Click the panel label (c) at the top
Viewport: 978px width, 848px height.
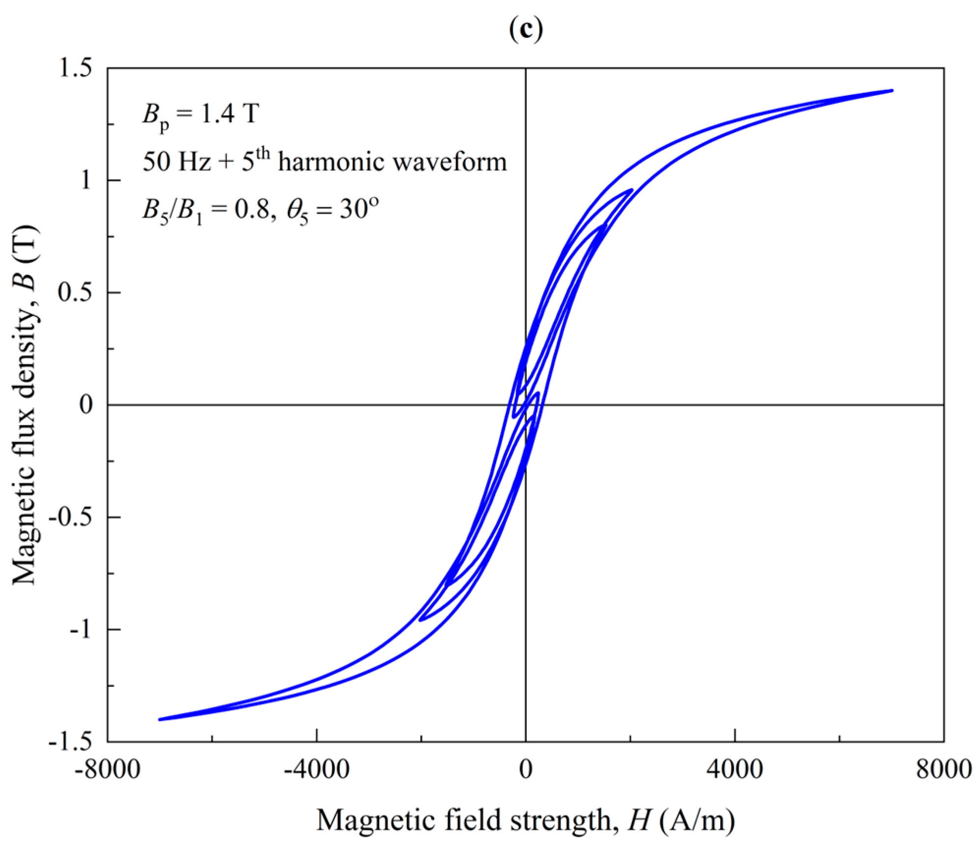(x=526, y=30)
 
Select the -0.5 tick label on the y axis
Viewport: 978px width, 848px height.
(x=70, y=517)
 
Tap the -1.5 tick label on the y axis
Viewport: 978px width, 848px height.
(x=70, y=741)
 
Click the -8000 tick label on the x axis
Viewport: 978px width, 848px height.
(x=108, y=769)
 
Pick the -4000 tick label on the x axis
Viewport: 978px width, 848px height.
(x=316, y=769)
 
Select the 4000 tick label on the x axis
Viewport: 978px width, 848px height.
(x=735, y=769)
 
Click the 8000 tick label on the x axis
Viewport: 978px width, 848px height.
(x=944, y=769)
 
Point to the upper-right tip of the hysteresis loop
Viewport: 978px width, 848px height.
(x=892, y=90)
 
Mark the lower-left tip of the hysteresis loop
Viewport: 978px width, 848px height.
(x=159, y=719)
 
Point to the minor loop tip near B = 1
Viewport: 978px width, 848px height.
(x=632, y=189)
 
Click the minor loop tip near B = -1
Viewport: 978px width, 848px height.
(x=420, y=620)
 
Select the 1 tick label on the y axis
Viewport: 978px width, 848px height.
(x=86, y=180)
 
